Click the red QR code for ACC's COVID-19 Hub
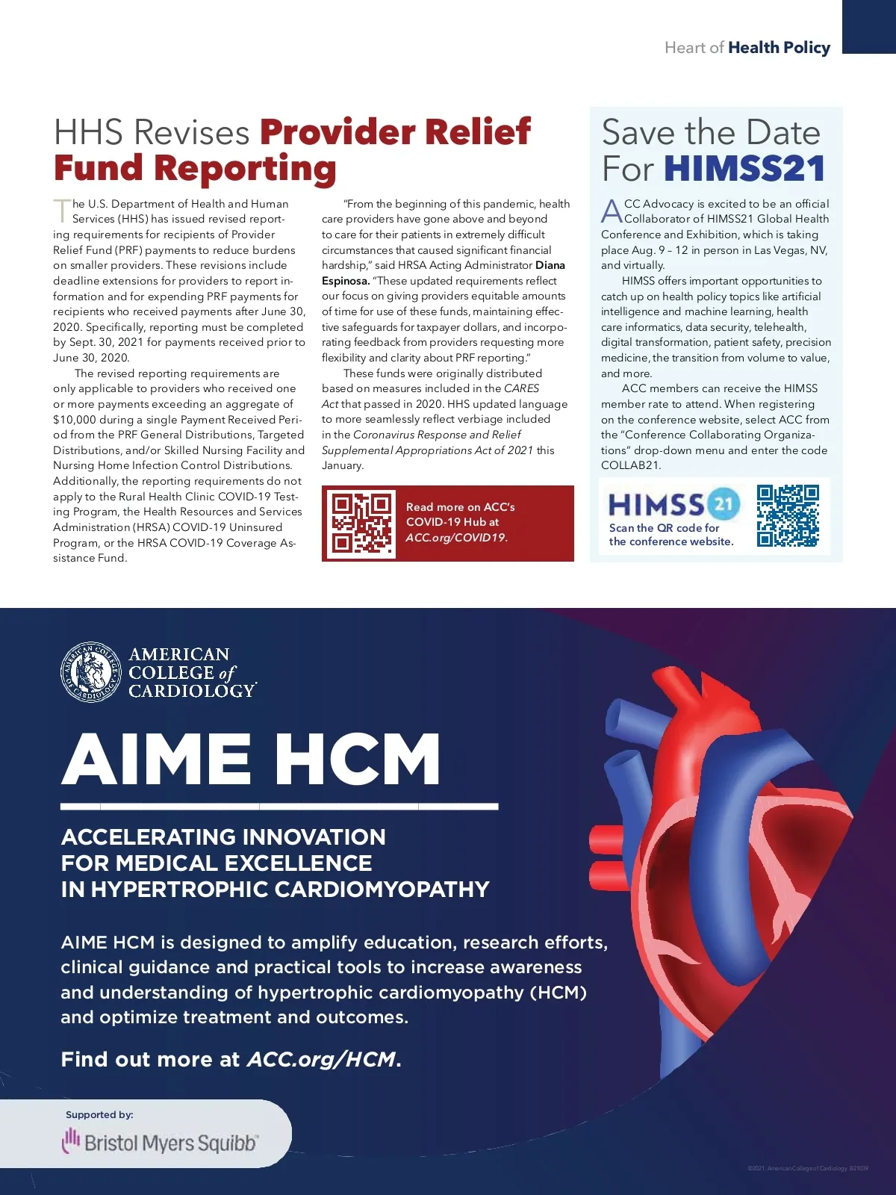pos(362,524)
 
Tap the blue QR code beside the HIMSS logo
pos(788,515)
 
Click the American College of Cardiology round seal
pos(90,672)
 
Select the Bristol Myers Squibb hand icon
pos(71,1140)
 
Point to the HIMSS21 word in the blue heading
pos(744,169)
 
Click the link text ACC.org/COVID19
pos(456,538)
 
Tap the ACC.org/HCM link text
pos(321,1059)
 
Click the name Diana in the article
pos(550,265)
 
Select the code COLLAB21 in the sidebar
pos(631,465)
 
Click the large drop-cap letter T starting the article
pos(61,211)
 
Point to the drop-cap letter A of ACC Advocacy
pos(612,211)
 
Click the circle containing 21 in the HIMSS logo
pos(723,503)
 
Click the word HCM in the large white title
pos(357,759)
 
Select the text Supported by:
pos(99,1114)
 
